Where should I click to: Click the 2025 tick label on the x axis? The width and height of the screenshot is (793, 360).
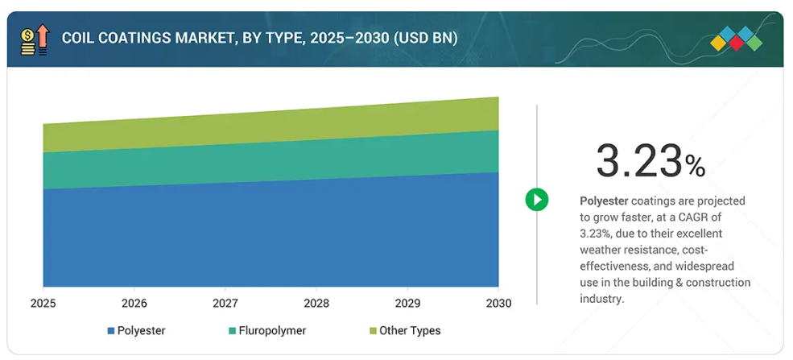(x=43, y=304)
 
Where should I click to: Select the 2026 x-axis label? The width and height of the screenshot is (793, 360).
(x=134, y=304)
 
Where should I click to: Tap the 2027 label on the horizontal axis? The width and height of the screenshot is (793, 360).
(x=225, y=304)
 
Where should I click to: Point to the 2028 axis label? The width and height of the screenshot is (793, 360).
(x=316, y=304)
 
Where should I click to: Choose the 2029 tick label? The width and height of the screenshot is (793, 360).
(x=407, y=304)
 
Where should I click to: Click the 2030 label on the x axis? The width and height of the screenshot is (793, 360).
(x=498, y=304)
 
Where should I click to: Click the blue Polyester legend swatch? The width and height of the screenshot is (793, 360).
(x=111, y=331)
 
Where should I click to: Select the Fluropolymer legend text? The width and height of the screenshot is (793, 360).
(x=273, y=331)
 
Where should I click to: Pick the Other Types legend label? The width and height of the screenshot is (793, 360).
(x=410, y=331)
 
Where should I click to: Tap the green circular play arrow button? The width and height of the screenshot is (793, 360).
(x=537, y=199)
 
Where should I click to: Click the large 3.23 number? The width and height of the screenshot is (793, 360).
(x=638, y=161)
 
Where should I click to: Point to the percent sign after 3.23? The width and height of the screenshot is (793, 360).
(x=696, y=166)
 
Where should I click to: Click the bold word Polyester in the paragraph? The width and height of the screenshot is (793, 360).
(x=604, y=201)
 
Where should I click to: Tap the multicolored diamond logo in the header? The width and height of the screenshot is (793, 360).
(x=737, y=39)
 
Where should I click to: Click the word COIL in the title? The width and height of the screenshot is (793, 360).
(x=75, y=39)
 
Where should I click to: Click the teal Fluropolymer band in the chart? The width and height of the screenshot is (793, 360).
(x=271, y=162)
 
